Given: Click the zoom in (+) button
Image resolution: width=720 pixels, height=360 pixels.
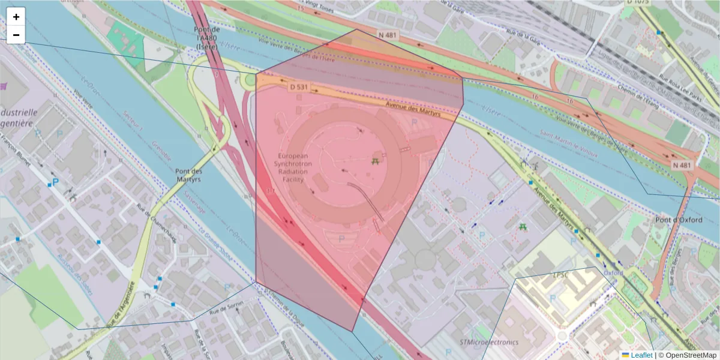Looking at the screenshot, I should (16, 17).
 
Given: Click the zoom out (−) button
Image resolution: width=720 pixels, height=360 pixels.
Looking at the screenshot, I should (16, 35).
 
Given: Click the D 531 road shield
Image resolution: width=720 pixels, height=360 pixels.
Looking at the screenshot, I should (298, 87).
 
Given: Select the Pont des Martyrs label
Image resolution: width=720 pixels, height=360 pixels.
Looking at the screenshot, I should (189, 175).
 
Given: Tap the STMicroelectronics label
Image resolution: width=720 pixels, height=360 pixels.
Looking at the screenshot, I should (488, 342).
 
